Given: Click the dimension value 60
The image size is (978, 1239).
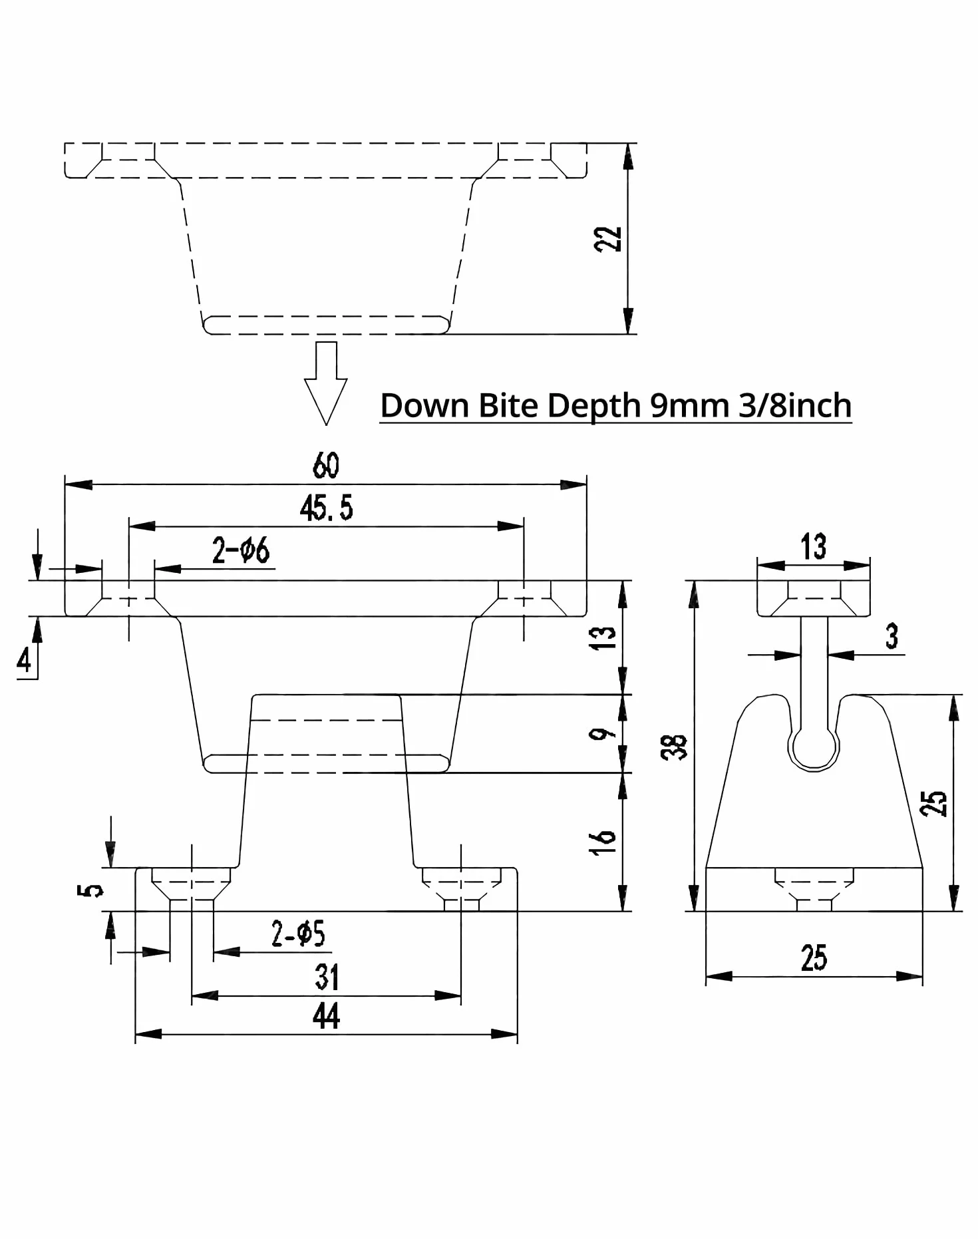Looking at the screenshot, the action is [x=326, y=465].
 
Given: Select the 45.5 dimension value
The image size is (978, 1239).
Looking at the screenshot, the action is [x=326, y=508].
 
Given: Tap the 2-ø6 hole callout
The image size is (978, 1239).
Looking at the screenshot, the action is [x=241, y=551].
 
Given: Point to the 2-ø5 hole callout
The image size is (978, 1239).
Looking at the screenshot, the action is [x=298, y=934].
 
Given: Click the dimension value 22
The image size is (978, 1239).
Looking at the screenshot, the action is [x=607, y=239].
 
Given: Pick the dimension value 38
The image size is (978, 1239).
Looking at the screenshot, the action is [x=674, y=747].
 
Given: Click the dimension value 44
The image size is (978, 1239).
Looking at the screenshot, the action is [x=326, y=1016].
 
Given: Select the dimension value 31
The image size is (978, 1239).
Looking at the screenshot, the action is [x=327, y=977].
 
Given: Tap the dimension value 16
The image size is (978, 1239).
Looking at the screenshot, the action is [x=603, y=842].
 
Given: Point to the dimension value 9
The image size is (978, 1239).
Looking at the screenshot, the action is [x=603, y=734].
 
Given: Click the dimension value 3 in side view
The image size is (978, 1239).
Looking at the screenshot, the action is [x=892, y=636].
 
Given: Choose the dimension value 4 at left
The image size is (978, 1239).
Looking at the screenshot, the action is [x=25, y=661].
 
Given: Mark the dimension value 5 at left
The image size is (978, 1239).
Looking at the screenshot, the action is [x=91, y=890].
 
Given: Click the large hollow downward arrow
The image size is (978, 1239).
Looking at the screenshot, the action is [x=326, y=383].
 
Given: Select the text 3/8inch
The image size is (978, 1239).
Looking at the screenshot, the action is [x=795, y=405].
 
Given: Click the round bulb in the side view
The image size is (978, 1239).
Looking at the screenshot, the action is [x=814, y=749].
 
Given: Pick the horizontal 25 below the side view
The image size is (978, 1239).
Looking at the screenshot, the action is [x=814, y=958].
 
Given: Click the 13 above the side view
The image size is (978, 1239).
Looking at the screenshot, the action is [x=814, y=546].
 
